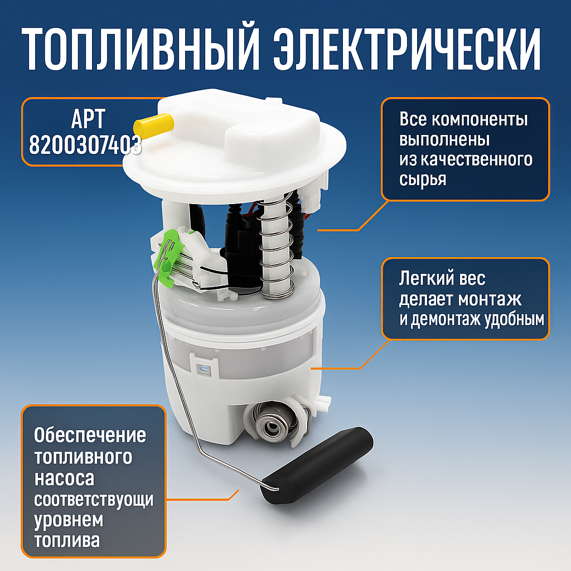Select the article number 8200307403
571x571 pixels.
(x=84, y=146)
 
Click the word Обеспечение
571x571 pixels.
(x=90, y=434)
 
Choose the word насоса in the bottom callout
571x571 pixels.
(x=64, y=478)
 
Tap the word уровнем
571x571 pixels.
(x=69, y=520)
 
